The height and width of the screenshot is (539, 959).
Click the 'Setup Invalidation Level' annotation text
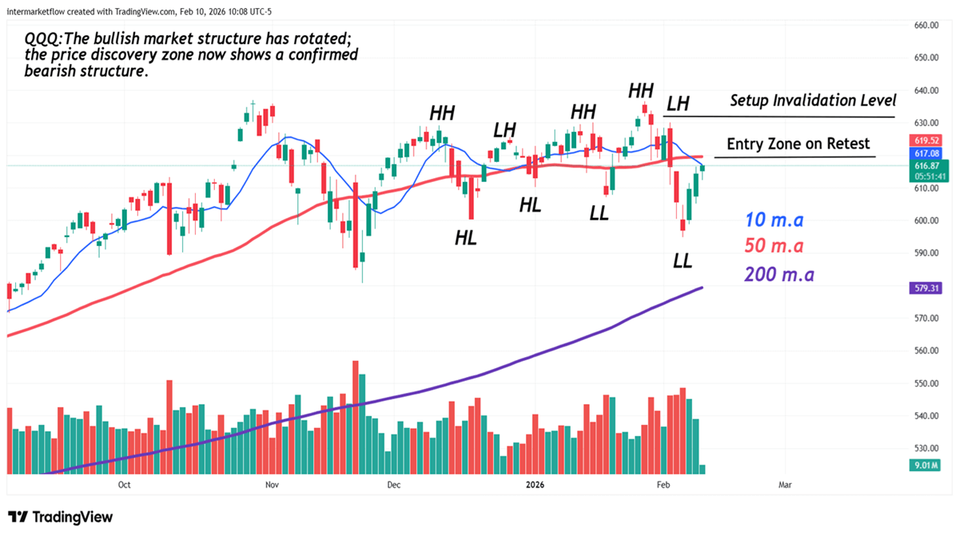(x=813, y=101)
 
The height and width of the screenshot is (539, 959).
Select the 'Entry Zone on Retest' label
(x=798, y=145)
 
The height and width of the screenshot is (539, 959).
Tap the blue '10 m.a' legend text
(x=774, y=220)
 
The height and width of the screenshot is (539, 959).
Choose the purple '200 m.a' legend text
(x=778, y=275)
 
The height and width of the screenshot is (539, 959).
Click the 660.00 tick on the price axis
(x=925, y=26)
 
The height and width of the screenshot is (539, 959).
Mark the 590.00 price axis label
(x=925, y=253)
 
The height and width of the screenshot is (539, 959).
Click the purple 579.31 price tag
(x=926, y=287)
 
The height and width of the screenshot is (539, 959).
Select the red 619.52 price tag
(x=926, y=140)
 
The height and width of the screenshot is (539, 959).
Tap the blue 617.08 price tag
(x=926, y=153)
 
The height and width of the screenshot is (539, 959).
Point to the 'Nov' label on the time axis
(x=271, y=485)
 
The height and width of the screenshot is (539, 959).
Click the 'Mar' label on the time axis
(x=785, y=485)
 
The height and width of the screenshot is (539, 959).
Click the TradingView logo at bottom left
(x=61, y=517)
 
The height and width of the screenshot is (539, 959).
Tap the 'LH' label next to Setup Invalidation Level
(x=678, y=103)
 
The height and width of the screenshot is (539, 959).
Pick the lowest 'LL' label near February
(x=682, y=260)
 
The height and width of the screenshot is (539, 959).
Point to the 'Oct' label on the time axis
(x=124, y=485)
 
